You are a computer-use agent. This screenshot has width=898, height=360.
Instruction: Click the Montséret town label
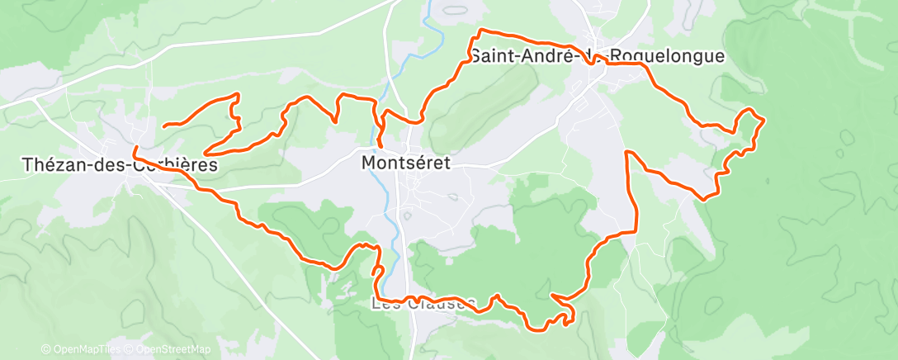click(x=406, y=163)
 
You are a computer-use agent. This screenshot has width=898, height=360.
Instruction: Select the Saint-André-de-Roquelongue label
click(x=597, y=56)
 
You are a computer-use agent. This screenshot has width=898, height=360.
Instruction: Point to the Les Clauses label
click(x=423, y=304)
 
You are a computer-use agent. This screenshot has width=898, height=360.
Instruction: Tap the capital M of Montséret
click(x=369, y=163)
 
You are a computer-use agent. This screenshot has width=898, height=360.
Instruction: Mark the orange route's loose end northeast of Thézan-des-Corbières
click(x=163, y=126)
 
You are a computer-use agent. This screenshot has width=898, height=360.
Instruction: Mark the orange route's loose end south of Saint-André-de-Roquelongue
click(x=628, y=152)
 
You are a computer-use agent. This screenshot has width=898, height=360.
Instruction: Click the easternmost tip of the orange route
click(x=765, y=121)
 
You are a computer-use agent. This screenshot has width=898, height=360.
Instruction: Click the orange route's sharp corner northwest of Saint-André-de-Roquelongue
click(x=478, y=31)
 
